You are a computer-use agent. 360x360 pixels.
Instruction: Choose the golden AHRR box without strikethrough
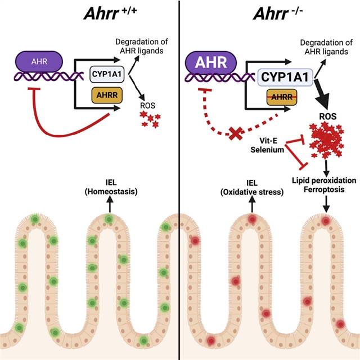tap(105, 96)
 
